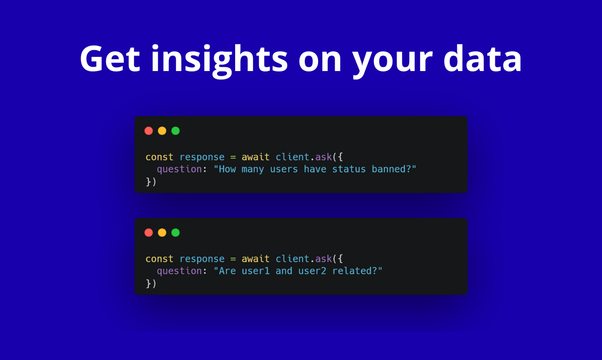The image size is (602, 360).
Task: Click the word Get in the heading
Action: click(109, 59)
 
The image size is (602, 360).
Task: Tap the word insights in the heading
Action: click(219, 59)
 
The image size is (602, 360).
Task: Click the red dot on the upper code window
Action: click(149, 131)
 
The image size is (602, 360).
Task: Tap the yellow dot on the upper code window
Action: click(162, 131)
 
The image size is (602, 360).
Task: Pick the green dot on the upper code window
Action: click(175, 131)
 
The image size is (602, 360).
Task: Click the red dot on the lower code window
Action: click(149, 233)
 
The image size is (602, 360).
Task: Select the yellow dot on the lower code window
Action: click(162, 233)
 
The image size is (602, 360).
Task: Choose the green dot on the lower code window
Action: click(175, 233)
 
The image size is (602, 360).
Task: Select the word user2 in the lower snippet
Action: click(312, 271)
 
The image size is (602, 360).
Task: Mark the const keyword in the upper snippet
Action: click(159, 157)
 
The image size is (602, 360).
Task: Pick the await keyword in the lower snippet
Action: click(255, 259)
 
